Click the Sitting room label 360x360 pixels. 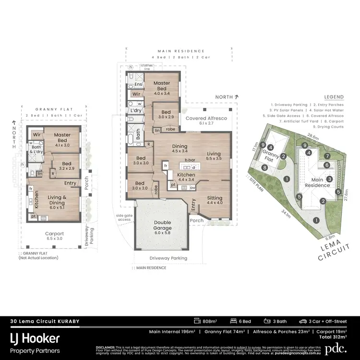[214, 200]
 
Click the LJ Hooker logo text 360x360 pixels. [36, 339]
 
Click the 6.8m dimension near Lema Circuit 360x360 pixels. [330, 237]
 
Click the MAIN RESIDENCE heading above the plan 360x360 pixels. [181, 51]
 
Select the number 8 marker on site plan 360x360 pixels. [264, 168]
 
